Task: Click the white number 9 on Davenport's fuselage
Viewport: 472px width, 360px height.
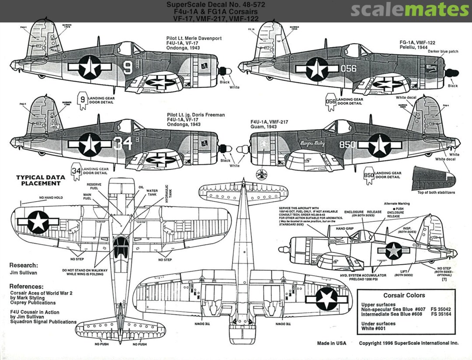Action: pos(128,67)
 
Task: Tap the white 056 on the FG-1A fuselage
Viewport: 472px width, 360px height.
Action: pos(348,68)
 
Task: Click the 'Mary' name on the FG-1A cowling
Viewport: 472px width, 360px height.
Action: pos(430,68)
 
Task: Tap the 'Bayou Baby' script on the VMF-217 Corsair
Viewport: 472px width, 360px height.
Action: pos(312,143)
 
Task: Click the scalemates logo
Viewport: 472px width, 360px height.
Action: pos(410,10)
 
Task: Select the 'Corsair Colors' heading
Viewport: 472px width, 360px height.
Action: pos(404,295)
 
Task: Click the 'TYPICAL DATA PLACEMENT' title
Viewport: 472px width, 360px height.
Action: pos(41,180)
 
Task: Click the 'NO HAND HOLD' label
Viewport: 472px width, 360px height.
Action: pos(51,198)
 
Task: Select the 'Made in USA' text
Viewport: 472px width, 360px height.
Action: pos(332,343)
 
